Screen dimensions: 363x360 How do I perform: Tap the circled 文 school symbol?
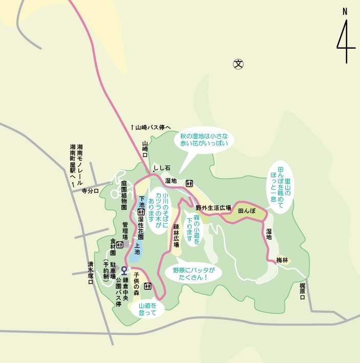tap(238, 64)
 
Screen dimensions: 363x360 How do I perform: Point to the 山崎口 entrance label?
tap(145, 150)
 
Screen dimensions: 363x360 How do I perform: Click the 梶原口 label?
tap(302, 290)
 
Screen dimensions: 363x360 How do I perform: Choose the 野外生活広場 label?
tap(213, 208)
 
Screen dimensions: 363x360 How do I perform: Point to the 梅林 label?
tap(282, 260)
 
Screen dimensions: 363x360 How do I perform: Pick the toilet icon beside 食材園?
tap(120, 245)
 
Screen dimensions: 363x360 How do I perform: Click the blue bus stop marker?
tap(124, 270)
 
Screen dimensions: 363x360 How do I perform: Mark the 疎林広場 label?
tap(176, 235)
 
